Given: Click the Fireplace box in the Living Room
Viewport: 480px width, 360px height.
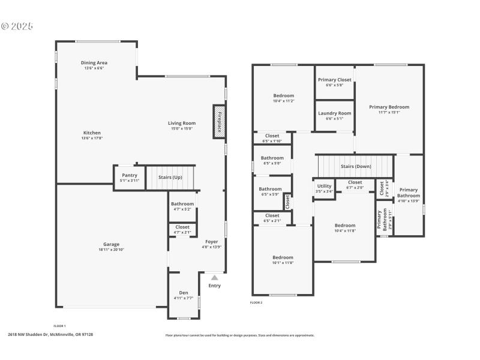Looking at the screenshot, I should coord(219,122).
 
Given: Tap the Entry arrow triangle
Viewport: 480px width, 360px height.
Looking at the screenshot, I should coord(214,278).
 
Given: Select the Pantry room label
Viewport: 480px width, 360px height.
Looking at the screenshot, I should coord(129,175).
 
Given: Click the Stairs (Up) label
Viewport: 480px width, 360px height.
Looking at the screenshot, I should coord(170,177).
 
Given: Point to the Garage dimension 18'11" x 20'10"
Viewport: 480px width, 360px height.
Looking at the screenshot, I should coord(111,249).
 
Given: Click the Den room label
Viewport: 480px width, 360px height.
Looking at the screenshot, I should coord(184,292).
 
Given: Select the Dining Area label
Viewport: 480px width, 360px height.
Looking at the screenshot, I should coord(94,62).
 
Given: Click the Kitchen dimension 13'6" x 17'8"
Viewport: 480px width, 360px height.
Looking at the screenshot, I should coord(92,138).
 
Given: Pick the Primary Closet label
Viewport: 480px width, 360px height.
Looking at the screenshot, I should coord(335,79).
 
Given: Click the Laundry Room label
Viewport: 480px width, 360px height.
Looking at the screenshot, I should coord(335,113).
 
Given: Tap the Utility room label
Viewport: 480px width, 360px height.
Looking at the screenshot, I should coord(324,186).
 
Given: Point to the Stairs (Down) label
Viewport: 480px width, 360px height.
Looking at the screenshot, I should coord(356,166).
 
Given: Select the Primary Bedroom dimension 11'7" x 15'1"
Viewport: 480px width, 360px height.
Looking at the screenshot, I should coord(389,112).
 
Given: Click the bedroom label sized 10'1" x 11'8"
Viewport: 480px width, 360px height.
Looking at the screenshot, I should coord(283,257).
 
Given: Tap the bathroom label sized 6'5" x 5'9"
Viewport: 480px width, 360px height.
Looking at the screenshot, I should coord(271,189).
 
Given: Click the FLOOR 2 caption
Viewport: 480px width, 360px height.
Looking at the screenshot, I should coord(256,302).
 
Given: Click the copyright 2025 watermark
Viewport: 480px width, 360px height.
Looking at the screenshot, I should coord(17,26).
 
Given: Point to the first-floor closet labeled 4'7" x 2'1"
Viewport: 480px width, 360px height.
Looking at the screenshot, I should coord(182,227).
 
